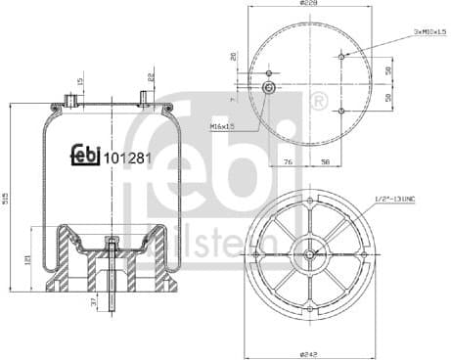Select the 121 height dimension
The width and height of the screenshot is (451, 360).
click(29, 259)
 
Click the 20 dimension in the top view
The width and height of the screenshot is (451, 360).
click(233, 57)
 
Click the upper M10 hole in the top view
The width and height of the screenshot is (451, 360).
click(340, 56)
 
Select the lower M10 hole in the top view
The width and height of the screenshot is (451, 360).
click(340, 111)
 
